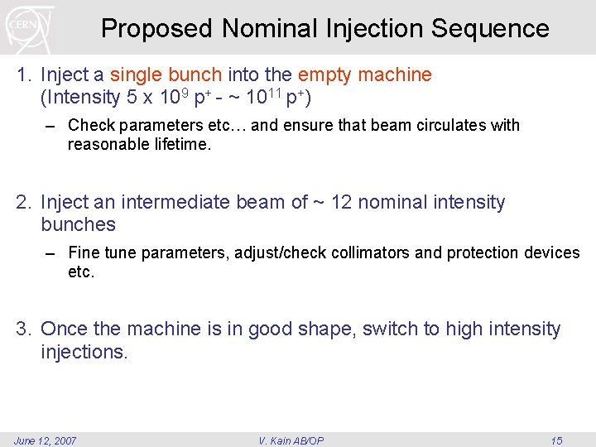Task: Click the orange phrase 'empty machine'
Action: (364, 75)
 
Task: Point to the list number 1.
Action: (22, 75)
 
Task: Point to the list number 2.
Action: (22, 203)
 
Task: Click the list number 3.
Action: (22, 329)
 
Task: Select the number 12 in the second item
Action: (342, 203)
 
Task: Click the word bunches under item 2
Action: (78, 225)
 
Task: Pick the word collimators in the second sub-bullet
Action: (370, 252)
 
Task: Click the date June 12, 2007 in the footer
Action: (45, 440)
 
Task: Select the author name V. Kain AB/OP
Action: (291, 440)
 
